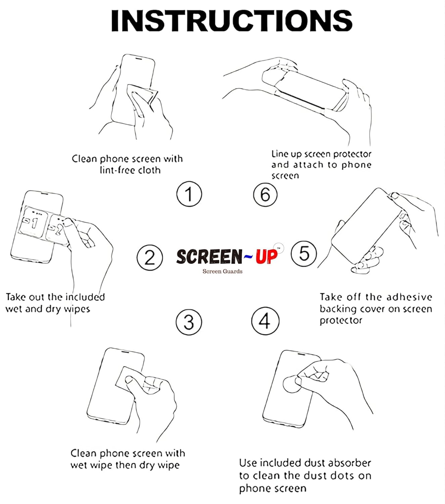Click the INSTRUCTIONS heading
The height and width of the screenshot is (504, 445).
point(232,21)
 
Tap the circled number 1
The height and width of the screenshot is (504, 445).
point(189,194)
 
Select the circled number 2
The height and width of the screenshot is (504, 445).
point(150,257)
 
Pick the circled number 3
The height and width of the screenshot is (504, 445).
point(189,322)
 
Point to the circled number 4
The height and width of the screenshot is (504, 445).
point(265,321)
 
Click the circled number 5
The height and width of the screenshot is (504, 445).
point(304,253)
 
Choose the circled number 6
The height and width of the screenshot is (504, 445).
point(265,194)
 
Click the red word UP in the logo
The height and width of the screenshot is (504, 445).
point(266,256)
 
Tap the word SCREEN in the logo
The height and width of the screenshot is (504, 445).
point(209,256)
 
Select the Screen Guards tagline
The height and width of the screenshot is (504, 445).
point(222,271)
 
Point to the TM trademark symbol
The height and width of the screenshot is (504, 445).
point(279,248)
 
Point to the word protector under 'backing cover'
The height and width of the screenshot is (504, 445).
point(341,321)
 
